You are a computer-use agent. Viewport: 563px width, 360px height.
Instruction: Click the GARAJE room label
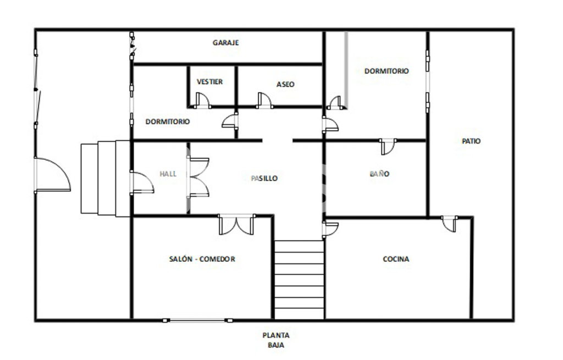click(225, 43)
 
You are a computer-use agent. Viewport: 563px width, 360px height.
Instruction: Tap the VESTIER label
click(209, 82)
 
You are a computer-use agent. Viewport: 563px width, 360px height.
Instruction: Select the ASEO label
click(285, 84)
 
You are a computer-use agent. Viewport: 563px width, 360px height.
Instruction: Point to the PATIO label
click(471, 141)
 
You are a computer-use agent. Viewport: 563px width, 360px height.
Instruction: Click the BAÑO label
click(379, 174)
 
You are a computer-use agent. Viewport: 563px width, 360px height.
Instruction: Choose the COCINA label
click(396, 259)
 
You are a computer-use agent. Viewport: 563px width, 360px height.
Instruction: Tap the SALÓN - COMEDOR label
click(202, 259)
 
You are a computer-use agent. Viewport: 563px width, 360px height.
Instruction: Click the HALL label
click(168, 174)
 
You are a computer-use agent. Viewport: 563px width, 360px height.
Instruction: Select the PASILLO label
click(264, 179)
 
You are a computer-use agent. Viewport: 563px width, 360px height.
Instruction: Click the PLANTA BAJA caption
click(276, 340)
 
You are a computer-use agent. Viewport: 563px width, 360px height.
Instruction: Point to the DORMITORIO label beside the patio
click(387, 71)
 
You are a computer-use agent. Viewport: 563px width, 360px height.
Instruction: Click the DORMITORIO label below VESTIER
click(168, 121)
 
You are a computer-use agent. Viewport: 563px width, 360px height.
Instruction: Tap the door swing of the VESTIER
click(202, 101)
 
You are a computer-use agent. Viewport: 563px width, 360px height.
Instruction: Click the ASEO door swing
click(264, 101)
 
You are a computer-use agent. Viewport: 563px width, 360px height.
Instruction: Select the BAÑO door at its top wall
click(388, 147)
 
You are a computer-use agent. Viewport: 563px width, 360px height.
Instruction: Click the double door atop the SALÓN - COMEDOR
click(236, 225)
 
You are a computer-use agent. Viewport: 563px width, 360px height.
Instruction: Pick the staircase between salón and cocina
click(300, 280)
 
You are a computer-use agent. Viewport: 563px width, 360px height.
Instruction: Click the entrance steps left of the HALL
click(105, 179)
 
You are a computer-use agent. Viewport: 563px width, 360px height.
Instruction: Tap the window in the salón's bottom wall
click(197, 320)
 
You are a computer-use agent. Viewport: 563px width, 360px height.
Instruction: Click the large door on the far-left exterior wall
click(52, 175)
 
